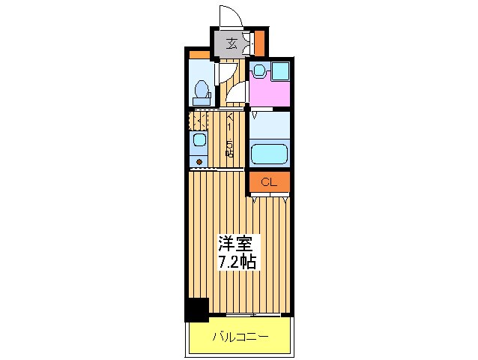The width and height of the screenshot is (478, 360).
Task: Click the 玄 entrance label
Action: pos(232,43)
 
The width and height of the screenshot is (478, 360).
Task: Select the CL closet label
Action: pos(269,181)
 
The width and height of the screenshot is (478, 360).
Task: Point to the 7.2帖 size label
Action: pos(237,262)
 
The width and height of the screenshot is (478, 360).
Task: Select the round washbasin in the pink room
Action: pos(258,70)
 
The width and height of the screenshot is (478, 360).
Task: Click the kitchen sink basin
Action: pos(199,140)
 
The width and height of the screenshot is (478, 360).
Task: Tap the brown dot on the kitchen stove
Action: pos(199,160)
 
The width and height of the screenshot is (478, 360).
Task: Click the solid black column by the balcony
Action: pos(197,309)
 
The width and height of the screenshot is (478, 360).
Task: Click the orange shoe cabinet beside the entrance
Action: pos(258,43)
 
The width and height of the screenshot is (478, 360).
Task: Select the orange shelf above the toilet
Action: pos(199,54)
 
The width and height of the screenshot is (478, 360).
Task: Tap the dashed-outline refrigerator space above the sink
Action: pos(199,120)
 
